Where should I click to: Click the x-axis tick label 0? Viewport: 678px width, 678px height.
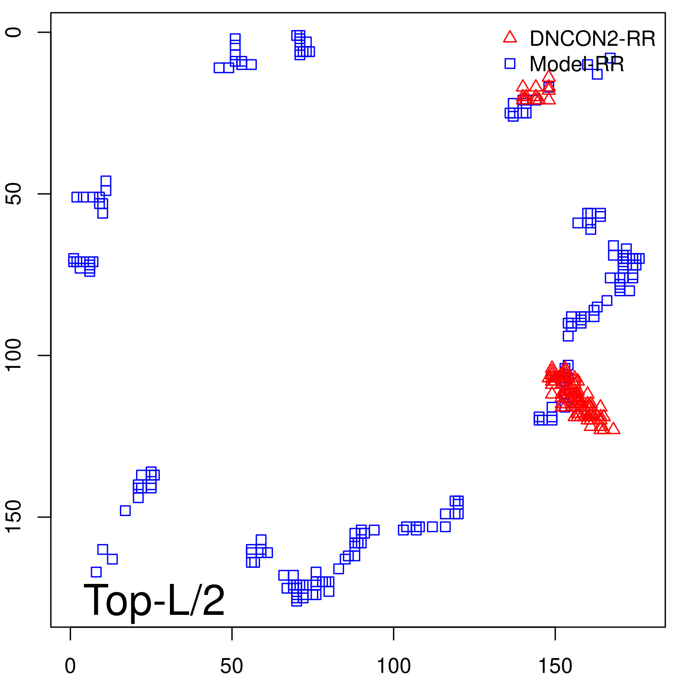point(70,667)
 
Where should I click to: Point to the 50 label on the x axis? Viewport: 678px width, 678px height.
point(232,667)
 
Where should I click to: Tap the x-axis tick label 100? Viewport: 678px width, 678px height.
point(394,667)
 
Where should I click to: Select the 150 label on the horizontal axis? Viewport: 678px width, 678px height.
point(555,667)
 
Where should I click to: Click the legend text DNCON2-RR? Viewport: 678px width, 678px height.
point(592,39)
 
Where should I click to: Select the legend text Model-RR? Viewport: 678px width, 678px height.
point(577,64)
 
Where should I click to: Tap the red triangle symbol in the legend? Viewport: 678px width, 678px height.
point(510,37)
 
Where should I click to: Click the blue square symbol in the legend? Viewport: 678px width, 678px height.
point(510,64)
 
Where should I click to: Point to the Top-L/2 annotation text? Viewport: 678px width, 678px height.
point(154,600)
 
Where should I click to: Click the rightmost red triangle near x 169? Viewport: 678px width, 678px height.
point(613,429)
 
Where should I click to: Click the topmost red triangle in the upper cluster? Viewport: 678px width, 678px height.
point(549,77)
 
